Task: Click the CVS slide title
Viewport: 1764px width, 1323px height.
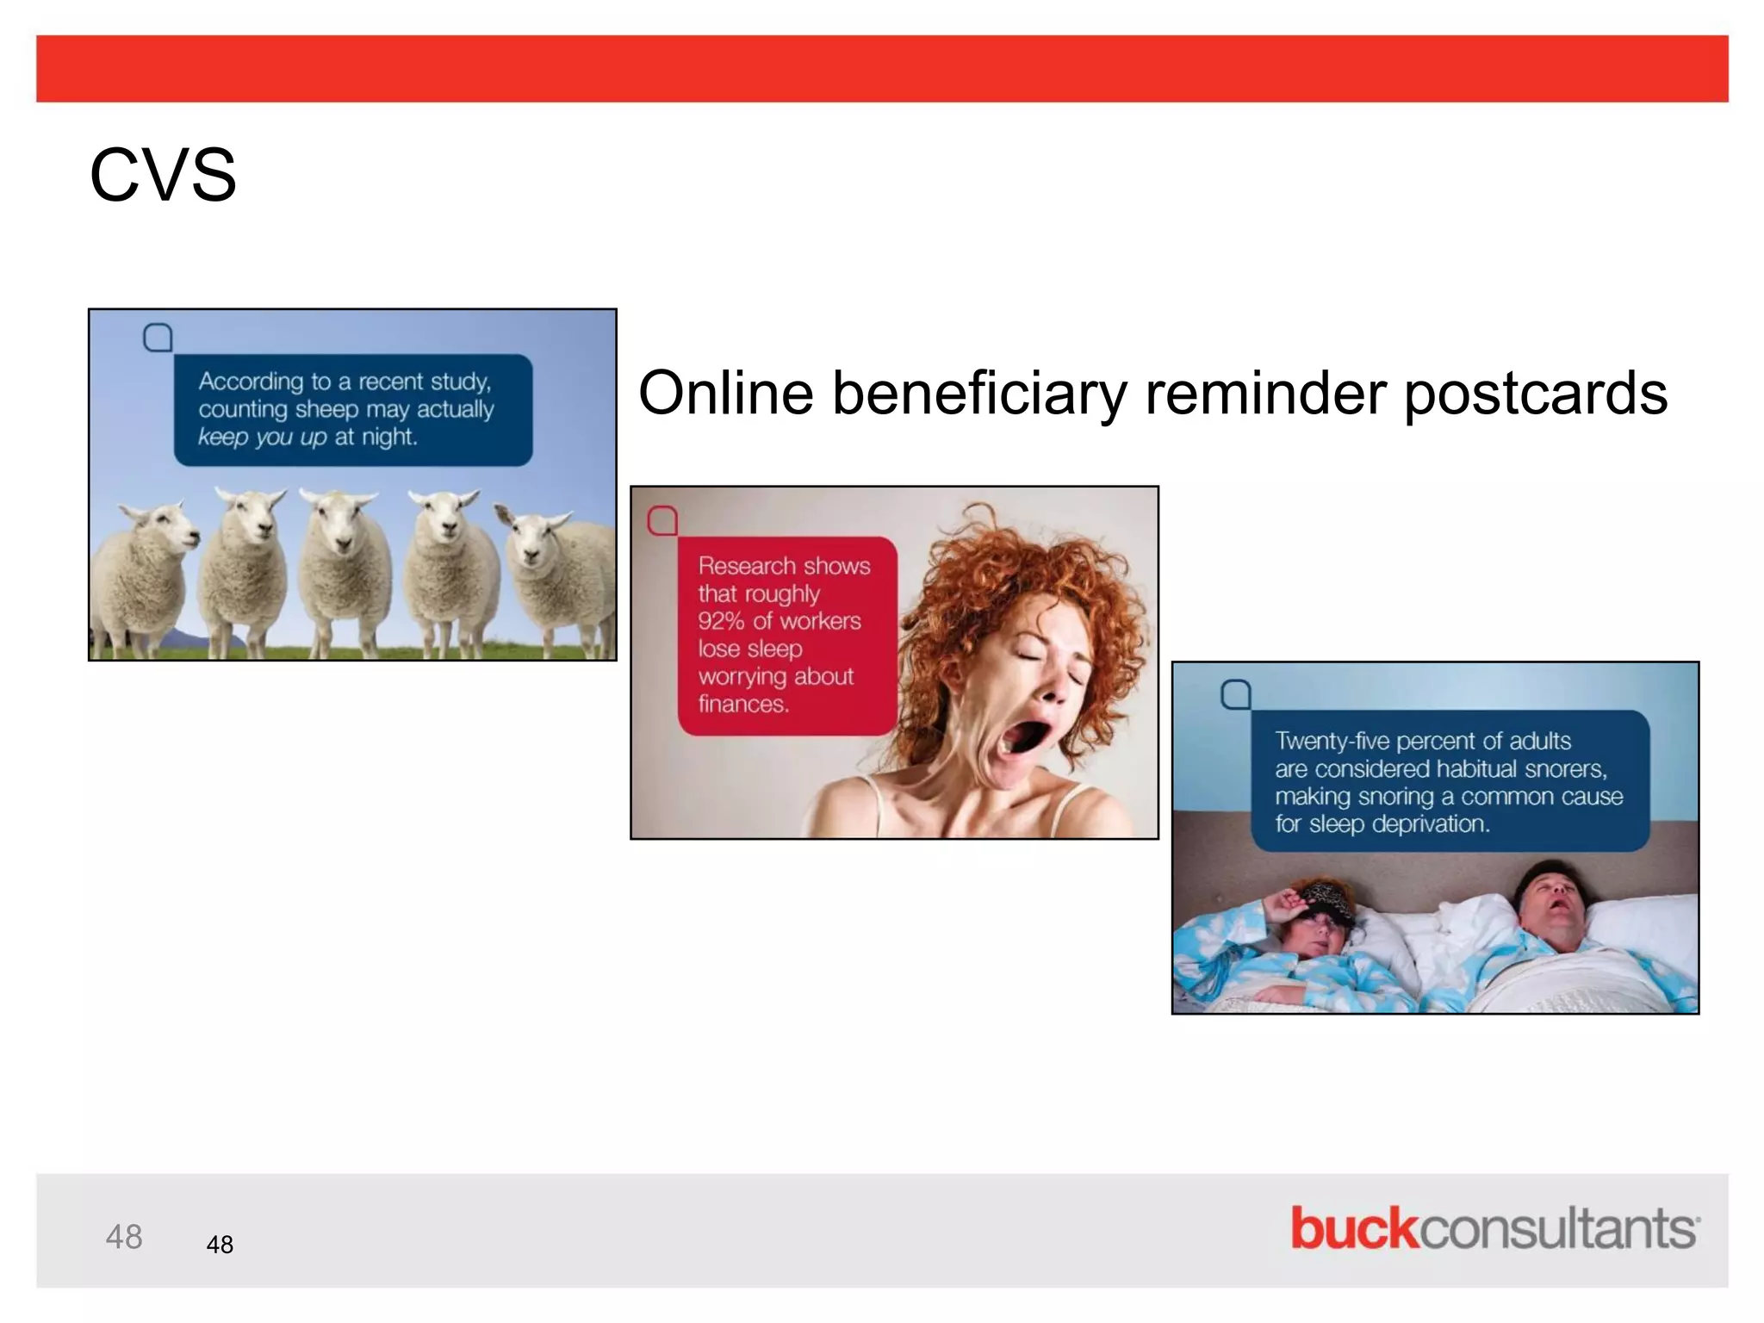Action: (163, 176)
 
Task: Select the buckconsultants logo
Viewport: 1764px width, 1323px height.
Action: (1494, 1228)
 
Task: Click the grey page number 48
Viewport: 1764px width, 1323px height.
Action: (123, 1237)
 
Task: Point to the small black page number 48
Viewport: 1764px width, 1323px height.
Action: (220, 1245)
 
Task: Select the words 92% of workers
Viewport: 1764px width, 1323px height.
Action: (779, 621)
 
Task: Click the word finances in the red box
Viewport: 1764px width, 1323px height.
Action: (743, 704)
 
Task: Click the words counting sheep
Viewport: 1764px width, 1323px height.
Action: (278, 409)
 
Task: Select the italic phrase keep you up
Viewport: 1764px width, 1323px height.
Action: (262, 437)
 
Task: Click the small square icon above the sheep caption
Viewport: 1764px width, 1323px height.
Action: (158, 338)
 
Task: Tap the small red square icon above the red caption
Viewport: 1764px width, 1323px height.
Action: (662, 520)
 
